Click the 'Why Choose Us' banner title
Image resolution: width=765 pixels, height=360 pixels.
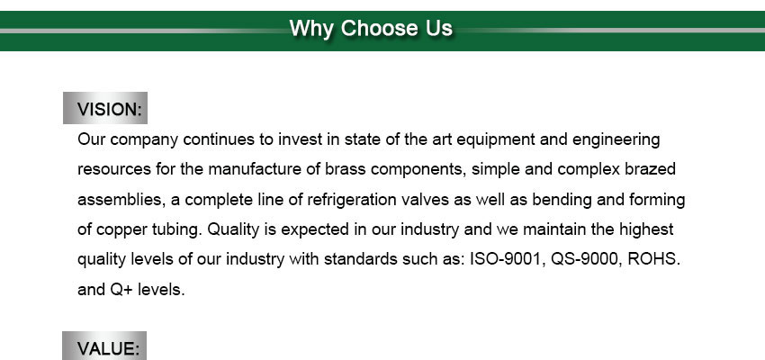[x=371, y=28]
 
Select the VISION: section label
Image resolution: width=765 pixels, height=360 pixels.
[x=109, y=109]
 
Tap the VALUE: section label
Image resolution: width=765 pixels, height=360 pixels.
[x=108, y=349]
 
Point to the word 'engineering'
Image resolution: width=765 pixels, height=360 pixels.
[x=616, y=140]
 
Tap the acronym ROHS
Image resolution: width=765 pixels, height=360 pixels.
[x=653, y=259]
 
